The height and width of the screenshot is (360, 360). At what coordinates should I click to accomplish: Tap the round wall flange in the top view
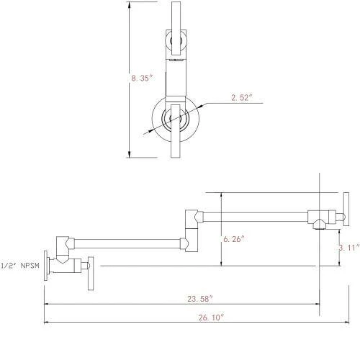(173, 120)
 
